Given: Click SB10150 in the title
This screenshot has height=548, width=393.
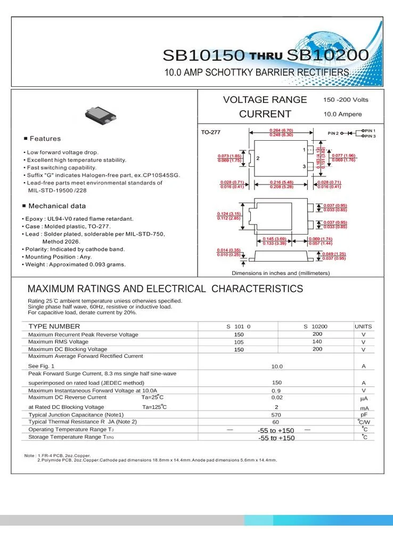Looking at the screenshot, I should click(203, 55).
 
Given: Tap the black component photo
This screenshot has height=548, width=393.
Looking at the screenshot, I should click(100, 114).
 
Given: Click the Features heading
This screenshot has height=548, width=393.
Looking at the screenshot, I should click(45, 139).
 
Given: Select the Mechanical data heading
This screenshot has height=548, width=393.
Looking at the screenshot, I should click(56, 206).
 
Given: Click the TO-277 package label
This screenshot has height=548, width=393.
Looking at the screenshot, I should click(210, 132).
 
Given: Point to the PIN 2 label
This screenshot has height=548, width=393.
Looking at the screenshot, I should click(333, 133).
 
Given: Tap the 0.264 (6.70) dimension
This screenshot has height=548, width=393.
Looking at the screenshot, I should click(281, 131).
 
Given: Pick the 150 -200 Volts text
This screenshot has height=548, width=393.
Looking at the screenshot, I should click(346, 100).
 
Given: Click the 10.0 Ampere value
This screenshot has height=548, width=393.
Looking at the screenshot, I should click(342, 114).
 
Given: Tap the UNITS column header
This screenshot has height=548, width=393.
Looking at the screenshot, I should click(363, 326).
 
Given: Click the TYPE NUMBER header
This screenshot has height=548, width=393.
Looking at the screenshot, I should click(54, 326).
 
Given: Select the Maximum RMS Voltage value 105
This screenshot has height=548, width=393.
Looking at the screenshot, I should click(239, 342).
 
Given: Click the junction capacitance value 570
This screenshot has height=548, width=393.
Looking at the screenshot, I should click(276, 415).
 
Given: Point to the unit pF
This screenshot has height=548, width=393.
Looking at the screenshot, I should click(364, 415).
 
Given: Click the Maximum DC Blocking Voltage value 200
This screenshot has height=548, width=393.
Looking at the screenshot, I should click(317, 349).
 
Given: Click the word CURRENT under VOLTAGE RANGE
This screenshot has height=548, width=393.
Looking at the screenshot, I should click(265, 114).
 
